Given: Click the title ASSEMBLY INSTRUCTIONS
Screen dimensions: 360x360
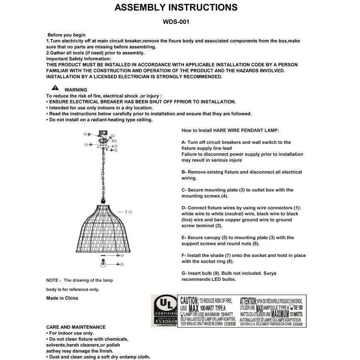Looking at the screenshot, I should (x=176, y=7).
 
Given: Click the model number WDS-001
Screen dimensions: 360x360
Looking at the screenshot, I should (x=176, y=21).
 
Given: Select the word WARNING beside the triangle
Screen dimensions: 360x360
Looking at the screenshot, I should (x=76, y=90).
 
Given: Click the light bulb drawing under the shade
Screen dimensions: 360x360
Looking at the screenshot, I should (x=104, y=264).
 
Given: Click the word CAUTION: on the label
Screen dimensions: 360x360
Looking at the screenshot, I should (x=189, y=300).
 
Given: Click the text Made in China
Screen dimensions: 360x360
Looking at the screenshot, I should (x=62, y=298).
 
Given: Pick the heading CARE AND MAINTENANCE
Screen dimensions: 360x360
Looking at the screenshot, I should (x=76, y=327).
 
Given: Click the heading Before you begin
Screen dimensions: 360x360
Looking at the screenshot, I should (x=66, y=35).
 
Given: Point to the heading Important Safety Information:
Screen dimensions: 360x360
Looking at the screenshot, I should (x=78, y=59).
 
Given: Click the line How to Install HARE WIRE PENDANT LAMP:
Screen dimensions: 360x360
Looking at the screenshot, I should (x=230, y=130).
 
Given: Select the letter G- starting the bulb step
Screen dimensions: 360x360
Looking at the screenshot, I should (x=184, y=273).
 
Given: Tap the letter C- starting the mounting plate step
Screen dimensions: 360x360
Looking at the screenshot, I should (x=184, y=190).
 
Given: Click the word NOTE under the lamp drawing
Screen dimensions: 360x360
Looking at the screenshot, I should (x=53, y=280).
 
